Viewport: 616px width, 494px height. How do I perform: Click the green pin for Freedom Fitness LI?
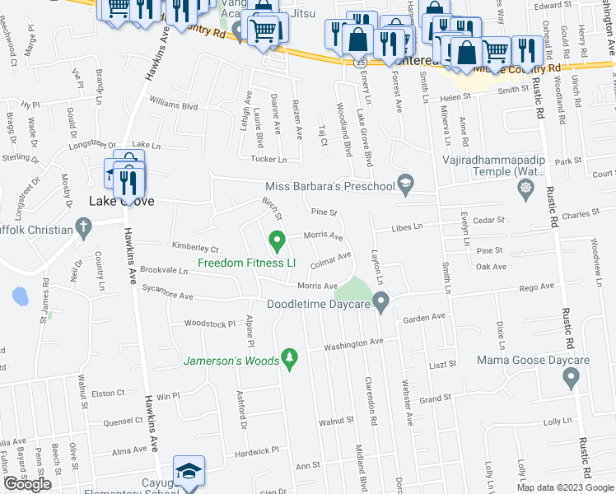point(278,242)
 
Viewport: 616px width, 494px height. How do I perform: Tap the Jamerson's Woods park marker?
point(288,357)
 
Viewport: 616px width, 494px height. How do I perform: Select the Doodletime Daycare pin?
point(380,304)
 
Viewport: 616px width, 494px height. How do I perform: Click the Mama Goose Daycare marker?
point(570,378)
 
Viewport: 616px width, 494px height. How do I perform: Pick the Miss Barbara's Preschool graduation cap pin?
point(404,184)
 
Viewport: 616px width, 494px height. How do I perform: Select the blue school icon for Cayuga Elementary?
point(189,473)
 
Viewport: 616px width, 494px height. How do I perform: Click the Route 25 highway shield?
point(360,62)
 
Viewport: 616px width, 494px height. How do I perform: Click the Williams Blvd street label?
point(174,105)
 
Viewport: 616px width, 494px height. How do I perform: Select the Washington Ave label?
point(353,343)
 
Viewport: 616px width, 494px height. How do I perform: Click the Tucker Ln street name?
point(269,160)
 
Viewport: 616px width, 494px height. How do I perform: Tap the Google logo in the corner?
point(27,485)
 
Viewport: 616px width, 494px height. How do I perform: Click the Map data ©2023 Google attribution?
point(564,487)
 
